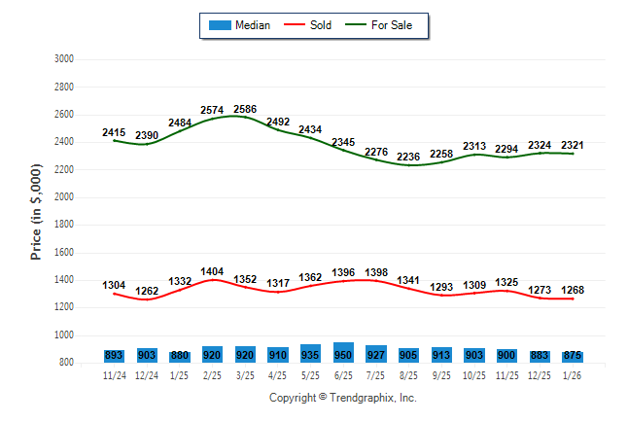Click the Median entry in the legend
(x=239, y=25)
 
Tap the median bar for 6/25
(x=343, y=352)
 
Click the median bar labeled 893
(x=114, y=356)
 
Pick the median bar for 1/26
(x=573, y=357)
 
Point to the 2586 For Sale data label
(x=245, y=110)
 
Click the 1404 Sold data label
(x=212, y=272)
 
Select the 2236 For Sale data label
(x=409, y=158)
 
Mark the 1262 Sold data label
(x=147, y=291)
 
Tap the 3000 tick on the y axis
(x=64, y=59)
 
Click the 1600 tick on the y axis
(x=64, y=253)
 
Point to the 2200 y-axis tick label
(x=64, y=170)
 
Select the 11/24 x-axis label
(x=114, y=375)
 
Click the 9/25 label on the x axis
(x=441, y=375)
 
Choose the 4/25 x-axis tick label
(x=278, y=375)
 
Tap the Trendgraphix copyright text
(x=342, y=399)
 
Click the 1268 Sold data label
(x=573, y=290)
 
